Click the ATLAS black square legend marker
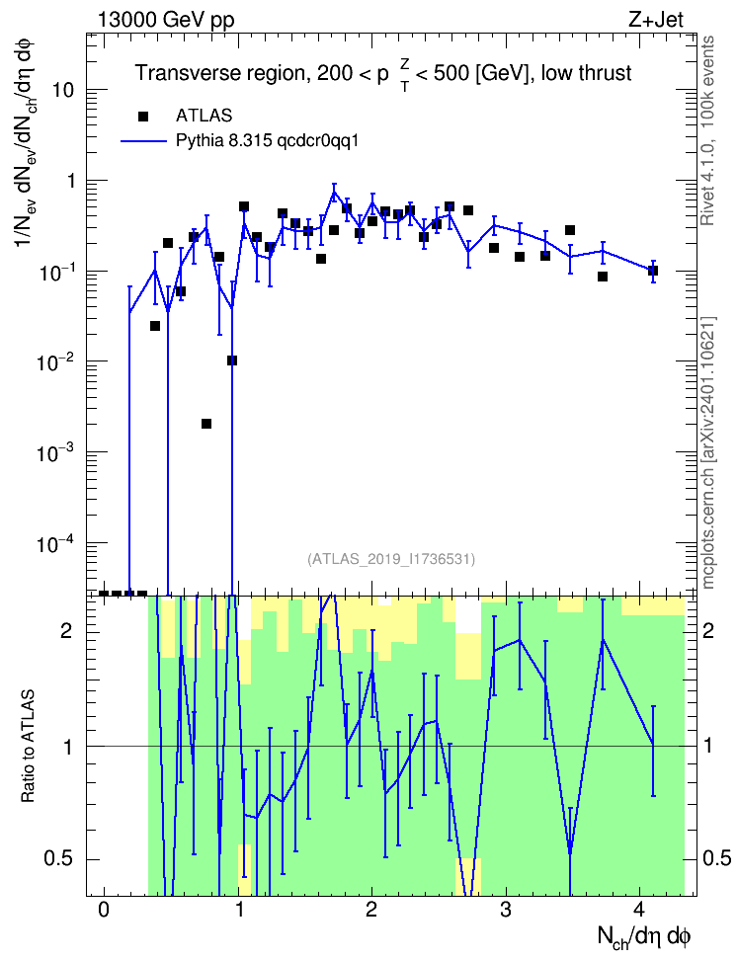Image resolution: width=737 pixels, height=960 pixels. pos(143,116)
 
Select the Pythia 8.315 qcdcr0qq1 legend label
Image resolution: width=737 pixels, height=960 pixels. pos(267,141)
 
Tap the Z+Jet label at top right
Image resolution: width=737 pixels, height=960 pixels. pos(656,20)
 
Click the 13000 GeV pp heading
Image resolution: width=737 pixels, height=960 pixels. pos(166,20)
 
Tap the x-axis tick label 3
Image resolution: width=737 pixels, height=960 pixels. pos(505,910)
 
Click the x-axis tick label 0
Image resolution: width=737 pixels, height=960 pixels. pos(104,910)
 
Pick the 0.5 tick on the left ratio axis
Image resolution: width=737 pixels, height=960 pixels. pos(60,859)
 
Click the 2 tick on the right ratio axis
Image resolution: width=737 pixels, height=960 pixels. pos(708,630)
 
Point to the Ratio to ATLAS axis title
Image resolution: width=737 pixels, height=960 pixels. pos(28,747)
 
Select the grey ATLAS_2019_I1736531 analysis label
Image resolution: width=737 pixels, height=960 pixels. pos(391,558)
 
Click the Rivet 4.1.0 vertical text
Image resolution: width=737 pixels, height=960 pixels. pos(707,130)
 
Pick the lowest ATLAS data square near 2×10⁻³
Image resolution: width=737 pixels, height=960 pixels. pos(206,424)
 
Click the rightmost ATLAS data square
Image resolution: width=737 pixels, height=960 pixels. pos(653,271)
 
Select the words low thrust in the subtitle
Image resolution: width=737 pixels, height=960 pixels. pos(586,73)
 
